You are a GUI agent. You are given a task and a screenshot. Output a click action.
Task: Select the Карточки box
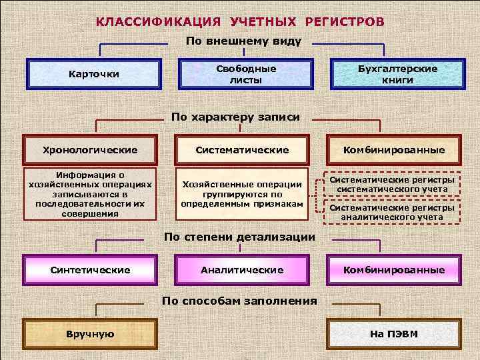94,74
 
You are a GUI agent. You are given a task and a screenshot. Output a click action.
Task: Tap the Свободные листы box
245,74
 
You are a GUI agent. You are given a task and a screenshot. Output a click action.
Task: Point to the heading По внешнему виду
243,41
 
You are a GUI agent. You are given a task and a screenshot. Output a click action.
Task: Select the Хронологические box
90,150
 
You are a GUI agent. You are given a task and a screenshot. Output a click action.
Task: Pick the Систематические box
242,150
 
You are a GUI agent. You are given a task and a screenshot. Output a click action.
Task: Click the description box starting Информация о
90,194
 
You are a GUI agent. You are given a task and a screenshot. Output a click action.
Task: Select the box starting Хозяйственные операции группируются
242,194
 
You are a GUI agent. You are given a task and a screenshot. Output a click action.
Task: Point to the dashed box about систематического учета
392,185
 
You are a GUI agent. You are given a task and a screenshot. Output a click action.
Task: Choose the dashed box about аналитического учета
392,212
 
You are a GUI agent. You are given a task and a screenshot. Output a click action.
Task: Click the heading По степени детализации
239,237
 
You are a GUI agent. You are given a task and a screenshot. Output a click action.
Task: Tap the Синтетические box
90,270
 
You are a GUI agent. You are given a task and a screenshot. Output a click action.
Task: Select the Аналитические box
242,270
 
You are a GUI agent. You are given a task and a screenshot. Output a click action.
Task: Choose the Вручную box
90,334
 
